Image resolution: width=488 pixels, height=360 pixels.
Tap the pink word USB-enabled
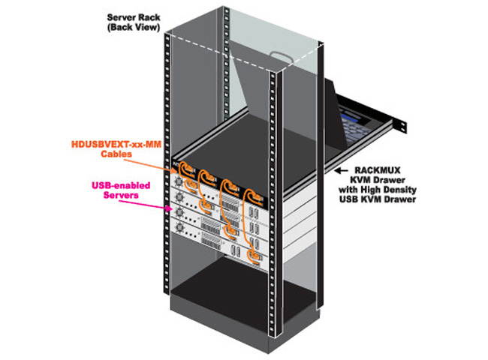point(122,185)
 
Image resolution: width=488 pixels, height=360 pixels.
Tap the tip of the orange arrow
point(173,162)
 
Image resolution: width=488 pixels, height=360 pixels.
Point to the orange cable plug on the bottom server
point(256,259)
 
